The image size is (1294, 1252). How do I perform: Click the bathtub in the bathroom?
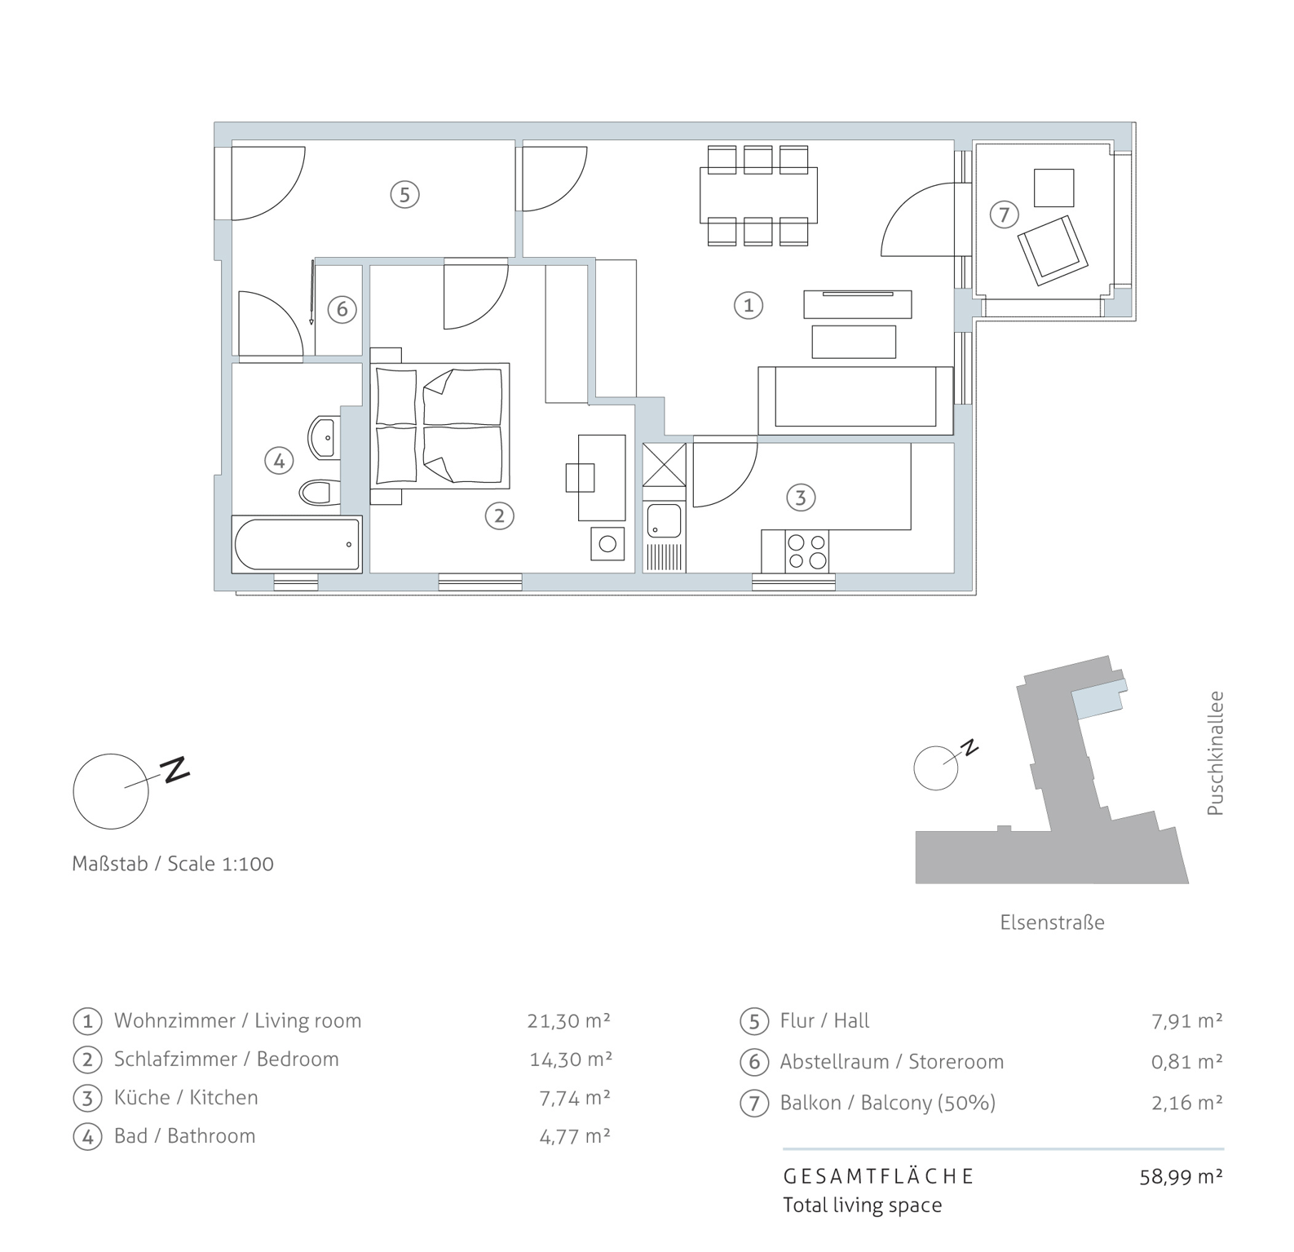[297, 544]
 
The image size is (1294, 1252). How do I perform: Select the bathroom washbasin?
[325, 437]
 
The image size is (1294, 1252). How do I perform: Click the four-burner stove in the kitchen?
[806, 551]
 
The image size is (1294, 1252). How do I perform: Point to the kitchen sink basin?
[664, 521]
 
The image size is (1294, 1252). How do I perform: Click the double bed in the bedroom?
[440, 425]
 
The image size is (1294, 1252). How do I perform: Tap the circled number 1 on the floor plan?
[749, 305]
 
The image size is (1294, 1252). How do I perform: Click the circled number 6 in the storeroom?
[342, 309]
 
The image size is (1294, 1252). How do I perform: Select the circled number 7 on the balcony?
[1005, 215]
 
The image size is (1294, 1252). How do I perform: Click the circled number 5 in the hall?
[404, 194]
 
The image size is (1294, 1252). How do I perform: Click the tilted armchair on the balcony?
[1053, 250]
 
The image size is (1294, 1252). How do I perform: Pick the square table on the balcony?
[1054, 187]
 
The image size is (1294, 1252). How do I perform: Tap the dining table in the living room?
[758, 195]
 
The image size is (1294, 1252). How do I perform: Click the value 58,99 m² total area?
[1181, 1177]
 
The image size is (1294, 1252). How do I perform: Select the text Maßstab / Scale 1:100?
[173, 864]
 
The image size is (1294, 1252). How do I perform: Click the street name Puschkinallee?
[1215, 754]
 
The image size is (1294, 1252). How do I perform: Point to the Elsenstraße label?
[1052, 922]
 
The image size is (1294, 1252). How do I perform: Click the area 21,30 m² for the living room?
[569, 1020]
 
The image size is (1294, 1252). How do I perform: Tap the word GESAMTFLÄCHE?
[879, 1176]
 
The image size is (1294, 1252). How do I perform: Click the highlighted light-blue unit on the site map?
[1099, 699]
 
